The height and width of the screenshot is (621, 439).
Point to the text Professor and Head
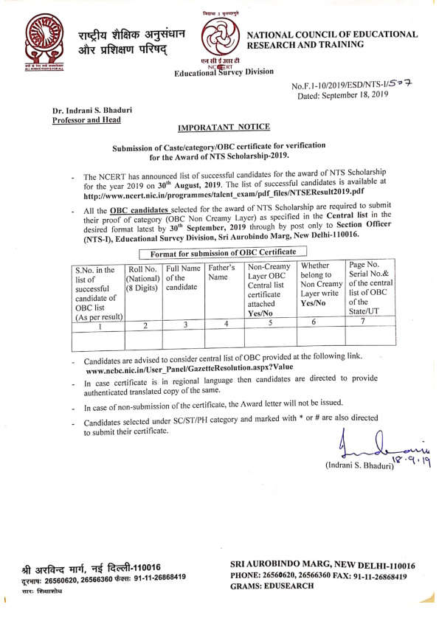click(x=83, y=120)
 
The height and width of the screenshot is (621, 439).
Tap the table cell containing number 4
click(x=224, y=324)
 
